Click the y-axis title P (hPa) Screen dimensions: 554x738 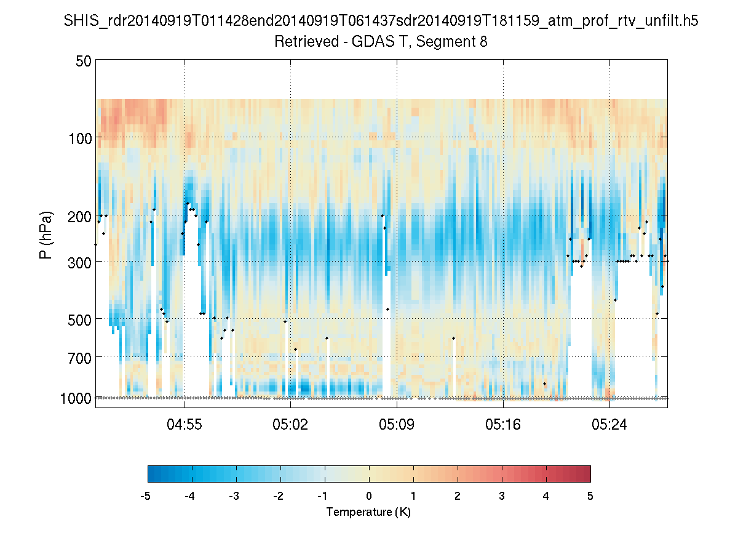pos(46,235)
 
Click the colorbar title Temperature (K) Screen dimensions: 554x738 pos(368,512)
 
